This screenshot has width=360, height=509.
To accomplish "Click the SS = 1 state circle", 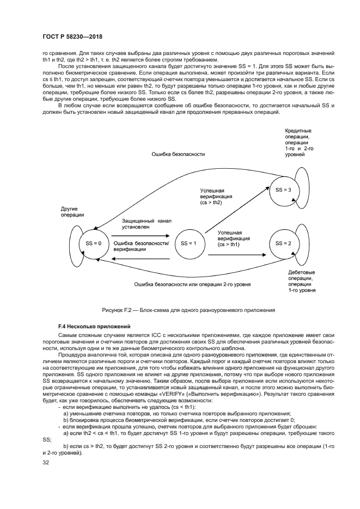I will (188, 243).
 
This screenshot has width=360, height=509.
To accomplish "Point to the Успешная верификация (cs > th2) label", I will (216, 197).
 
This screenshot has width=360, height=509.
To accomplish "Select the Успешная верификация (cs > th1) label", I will (234, 238).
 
